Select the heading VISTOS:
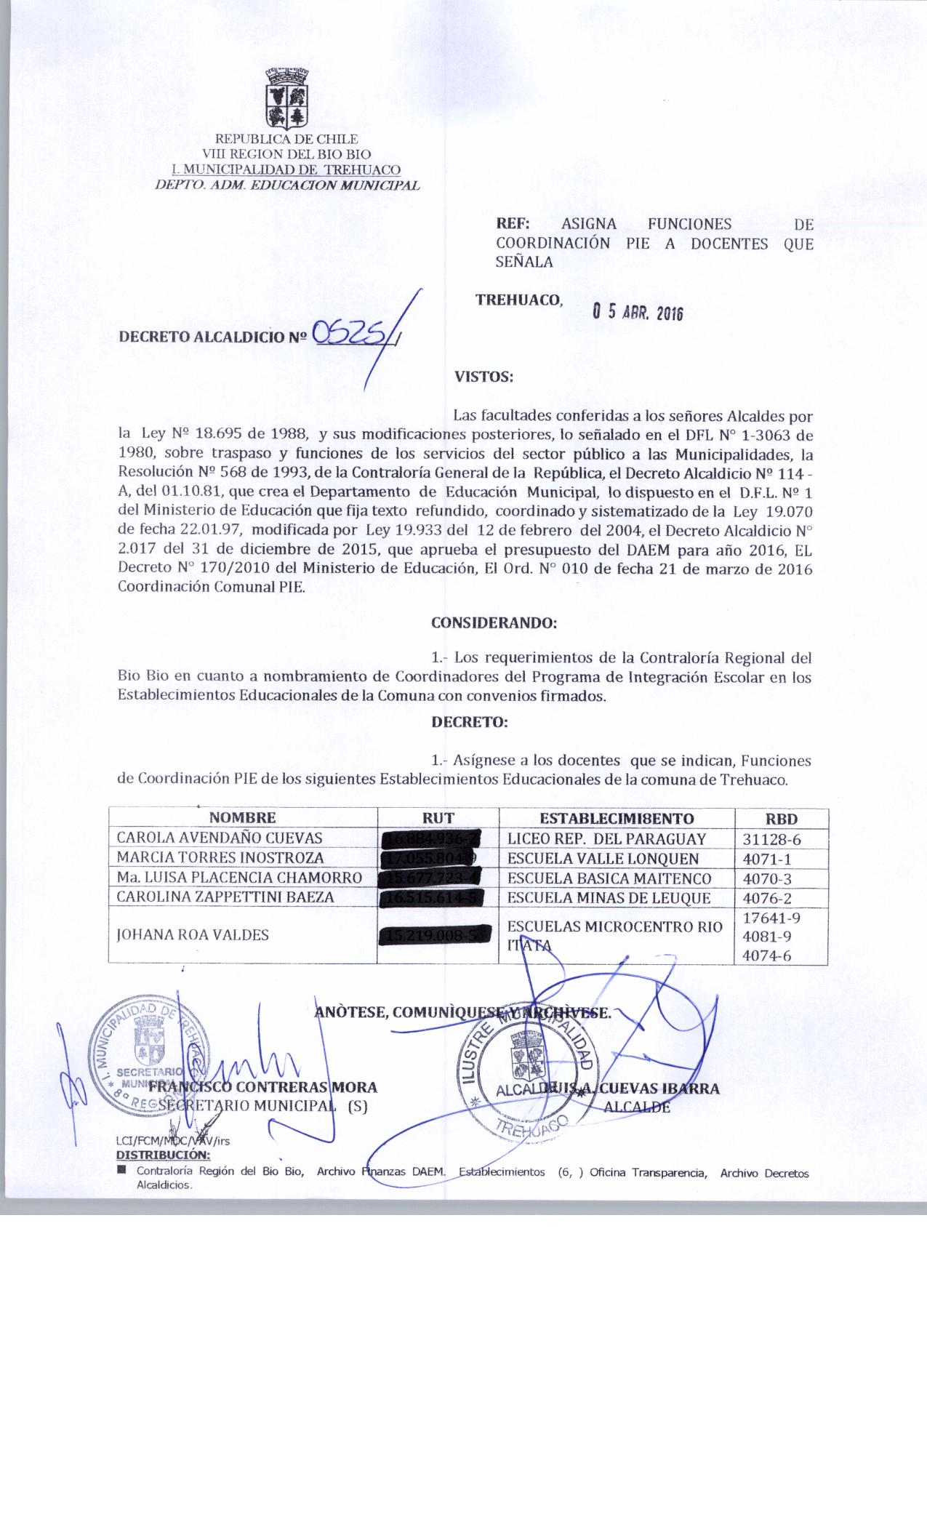click(x=483, y=377)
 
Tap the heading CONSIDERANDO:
click(x=494, y=623)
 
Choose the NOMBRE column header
click(x=243, y=817)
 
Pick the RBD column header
click(x=782, y=818)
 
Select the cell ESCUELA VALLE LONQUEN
click(x=603, y=858)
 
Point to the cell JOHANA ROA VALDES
click(x=193, y=934)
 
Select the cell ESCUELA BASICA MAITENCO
click(x=608, y=878)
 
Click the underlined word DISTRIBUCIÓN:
click(x=163, y=1155)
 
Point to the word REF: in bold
click(x=513, y=225)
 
